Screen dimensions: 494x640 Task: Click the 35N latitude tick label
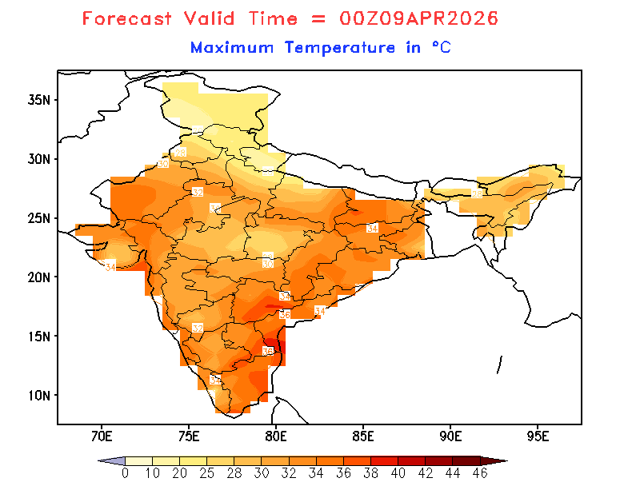(x=39, y=100)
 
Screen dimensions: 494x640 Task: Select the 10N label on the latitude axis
(x=39, y=395)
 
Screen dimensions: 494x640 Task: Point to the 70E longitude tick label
(x=102, y=436)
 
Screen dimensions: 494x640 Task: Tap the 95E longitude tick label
(x=538, y=436)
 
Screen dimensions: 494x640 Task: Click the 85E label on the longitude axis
(x=364, y=436)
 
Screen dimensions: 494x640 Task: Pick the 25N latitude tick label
(x=39, y=218)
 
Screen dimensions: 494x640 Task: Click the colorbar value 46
(x=479, y=473)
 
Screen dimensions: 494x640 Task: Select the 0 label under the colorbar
(x=125, y=473)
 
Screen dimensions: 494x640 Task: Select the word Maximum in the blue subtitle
(x=232, y=48)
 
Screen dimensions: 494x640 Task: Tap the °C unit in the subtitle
(x=442, y=48)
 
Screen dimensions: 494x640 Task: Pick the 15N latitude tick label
(x=39, y=336)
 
